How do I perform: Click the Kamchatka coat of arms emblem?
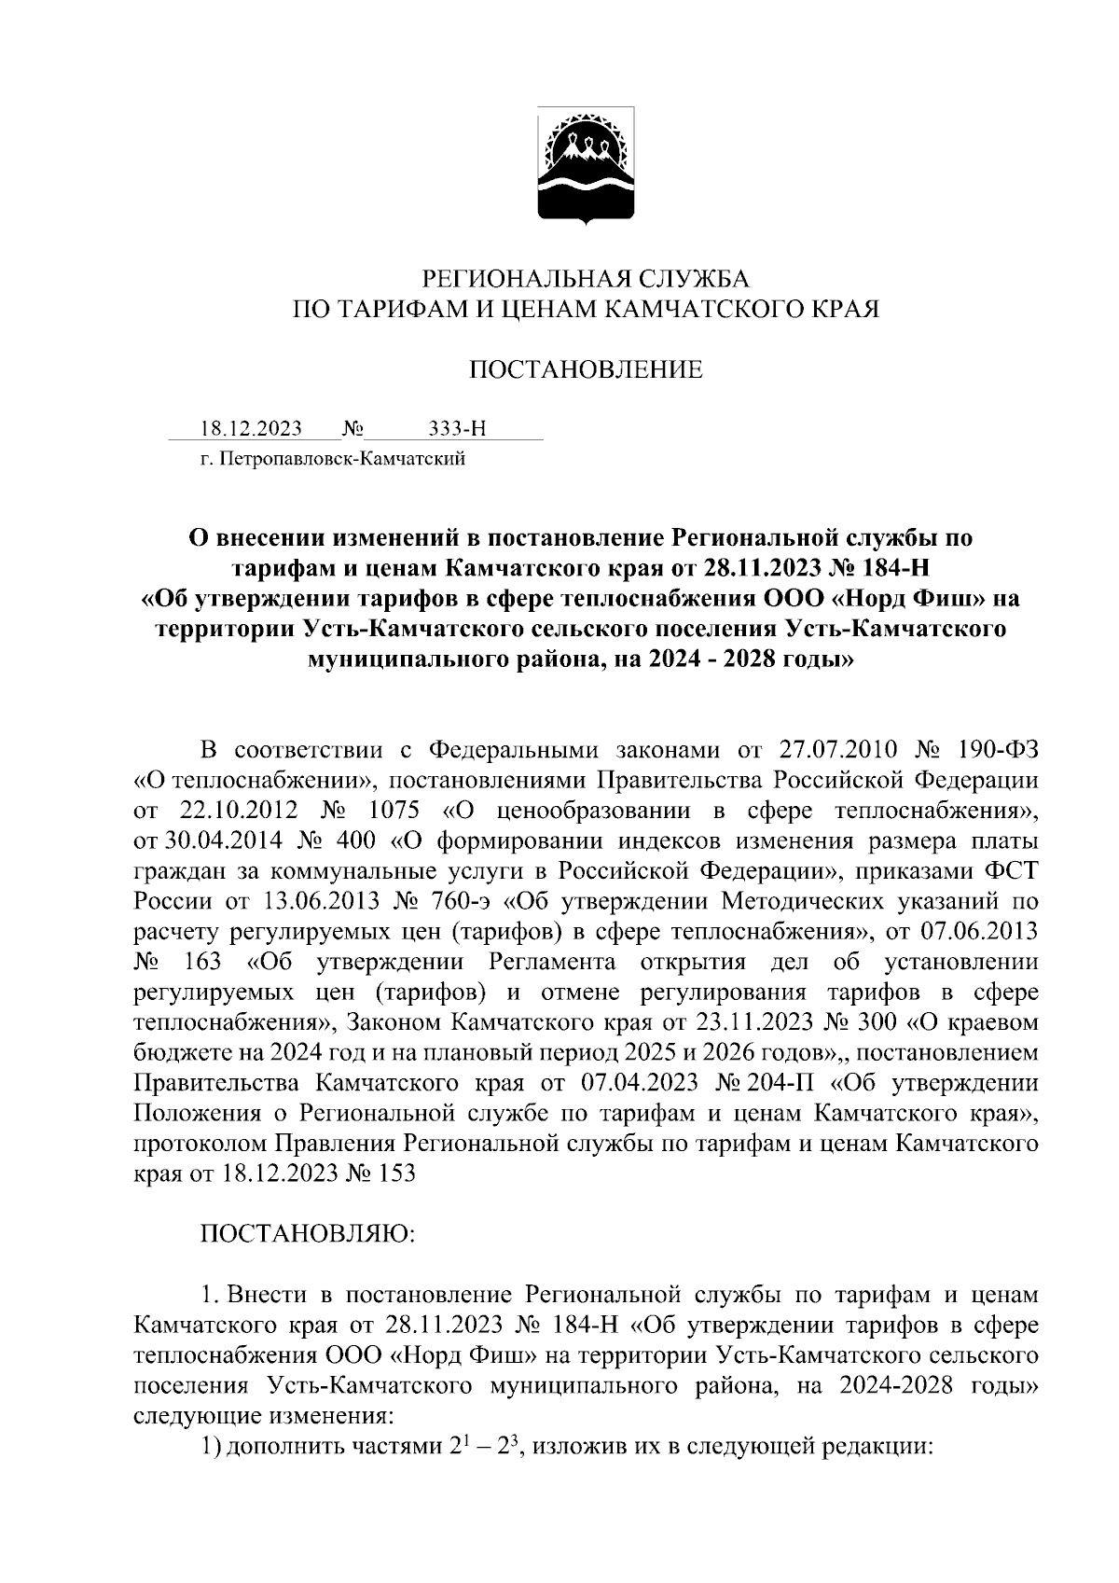pos(586,167)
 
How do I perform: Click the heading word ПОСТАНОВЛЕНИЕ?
pos(585,371)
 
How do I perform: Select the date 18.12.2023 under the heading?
pos(251,429)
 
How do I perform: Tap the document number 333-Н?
pos(457,429)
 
